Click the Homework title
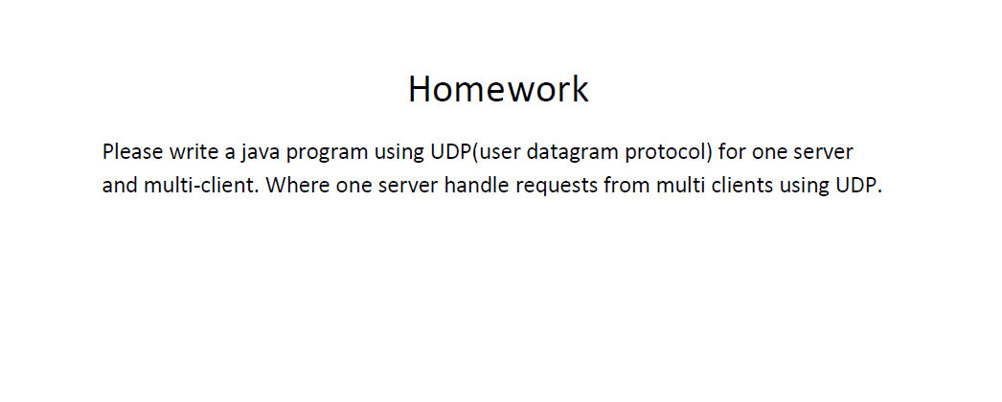(498, 89)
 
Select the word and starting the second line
(120, 185)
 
